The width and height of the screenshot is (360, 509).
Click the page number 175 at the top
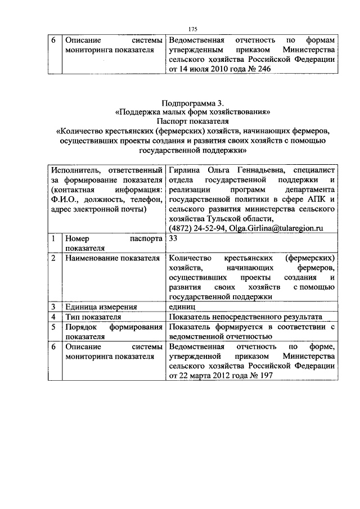[192, 29]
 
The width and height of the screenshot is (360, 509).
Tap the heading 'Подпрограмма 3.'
[192, 102]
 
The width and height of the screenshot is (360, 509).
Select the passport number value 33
[174, 238]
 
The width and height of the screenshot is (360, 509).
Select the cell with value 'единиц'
[181, 307]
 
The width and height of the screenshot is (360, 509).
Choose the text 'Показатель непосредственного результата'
[245, 317]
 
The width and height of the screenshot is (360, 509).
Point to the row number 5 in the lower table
[52, 326]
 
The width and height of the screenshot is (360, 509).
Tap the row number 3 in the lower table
[52, 307]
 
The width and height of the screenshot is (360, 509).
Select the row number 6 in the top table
[52, 40]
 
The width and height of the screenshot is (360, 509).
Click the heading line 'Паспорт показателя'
[192, 121]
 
